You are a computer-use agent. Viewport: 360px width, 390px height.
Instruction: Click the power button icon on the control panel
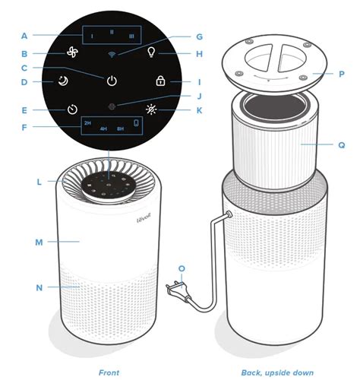(x=112, y=80)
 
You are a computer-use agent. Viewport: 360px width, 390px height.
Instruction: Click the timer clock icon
(x=71, y=109)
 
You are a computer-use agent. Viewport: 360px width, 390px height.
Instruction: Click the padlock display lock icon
(x=159, y=81)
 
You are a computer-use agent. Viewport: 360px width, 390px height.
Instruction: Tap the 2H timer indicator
(x=87, y=122)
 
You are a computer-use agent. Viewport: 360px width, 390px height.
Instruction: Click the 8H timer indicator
(x=120, y=129)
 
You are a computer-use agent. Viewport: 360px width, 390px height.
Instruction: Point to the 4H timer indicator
(x=103, y=129)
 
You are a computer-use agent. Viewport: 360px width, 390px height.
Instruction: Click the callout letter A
(x=24, y=35)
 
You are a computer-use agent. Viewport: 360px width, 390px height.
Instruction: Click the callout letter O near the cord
(x=181, y=268)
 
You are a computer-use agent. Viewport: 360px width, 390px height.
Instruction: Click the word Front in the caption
(x=109, y=373)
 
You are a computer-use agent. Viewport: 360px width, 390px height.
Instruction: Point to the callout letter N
(x=39, y=287)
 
